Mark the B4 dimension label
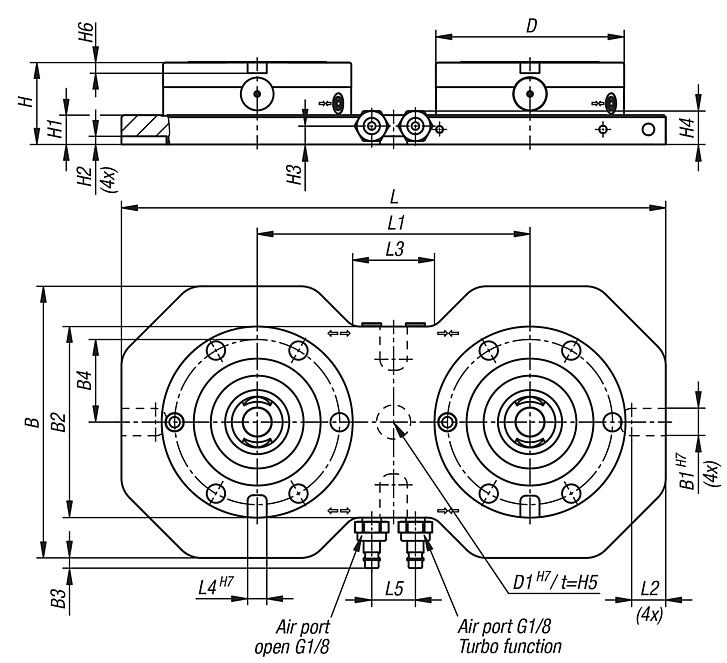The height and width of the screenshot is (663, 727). point(86,381)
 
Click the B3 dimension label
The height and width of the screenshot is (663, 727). point(60,599)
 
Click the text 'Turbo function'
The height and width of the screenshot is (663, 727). point(503,647)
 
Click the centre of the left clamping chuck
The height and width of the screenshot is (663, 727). point(257,422)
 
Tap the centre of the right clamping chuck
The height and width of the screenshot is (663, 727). point(528,422)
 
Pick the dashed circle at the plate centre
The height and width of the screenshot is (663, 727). point(392,422)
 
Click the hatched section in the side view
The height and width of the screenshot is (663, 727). point(143,127)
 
